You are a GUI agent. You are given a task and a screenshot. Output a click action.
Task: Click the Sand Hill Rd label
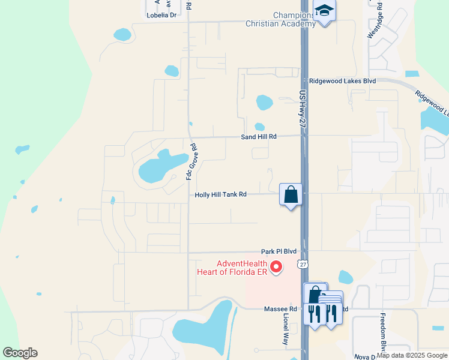pos(259,137)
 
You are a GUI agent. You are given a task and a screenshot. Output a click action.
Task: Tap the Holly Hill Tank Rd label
pos(221,194)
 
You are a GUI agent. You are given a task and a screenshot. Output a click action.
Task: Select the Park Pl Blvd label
pos(279,252)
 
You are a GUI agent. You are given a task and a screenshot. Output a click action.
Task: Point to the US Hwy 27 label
pos(302,109)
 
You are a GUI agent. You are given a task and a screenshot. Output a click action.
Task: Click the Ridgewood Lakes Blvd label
pos(342,81)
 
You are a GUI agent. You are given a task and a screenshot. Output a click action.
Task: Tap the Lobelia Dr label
pos(162,15)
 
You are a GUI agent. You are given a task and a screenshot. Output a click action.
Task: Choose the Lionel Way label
pos(287,328)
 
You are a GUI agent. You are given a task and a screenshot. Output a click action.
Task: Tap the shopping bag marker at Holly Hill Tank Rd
pos(291,195)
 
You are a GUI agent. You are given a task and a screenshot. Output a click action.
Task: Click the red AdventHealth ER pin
pos(276,267)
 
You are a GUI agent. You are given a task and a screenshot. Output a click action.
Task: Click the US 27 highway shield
pos(302,265)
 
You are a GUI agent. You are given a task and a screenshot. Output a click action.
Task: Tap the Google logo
pos(20,353)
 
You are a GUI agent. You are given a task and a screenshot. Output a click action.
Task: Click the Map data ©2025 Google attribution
pos(412,355)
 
